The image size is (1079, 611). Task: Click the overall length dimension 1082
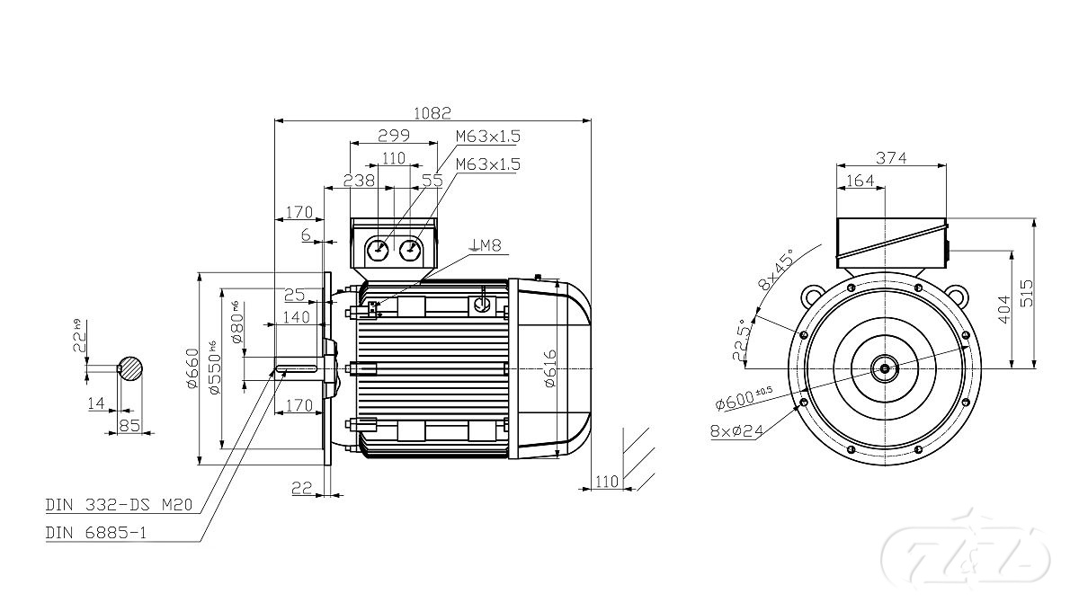[x=432, y=113]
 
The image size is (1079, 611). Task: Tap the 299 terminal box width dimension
[x=394, y=136]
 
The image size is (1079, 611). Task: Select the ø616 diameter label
[x=551, y=368]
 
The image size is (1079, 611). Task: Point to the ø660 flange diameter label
[x=192, y=368]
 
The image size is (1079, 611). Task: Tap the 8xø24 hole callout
[x=736, y=430]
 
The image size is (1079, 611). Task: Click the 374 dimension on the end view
[x=890, y=158]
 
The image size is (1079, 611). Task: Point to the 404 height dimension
[x=1005, y=309]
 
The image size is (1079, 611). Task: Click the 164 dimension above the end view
[x=861, y=181]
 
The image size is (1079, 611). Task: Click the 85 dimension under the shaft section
[x=129, y=425]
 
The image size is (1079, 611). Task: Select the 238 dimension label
[x=359, y=181]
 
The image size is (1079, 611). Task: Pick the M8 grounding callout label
[x=486, y=245]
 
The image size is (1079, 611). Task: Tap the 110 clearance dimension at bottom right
[x=608, y=482]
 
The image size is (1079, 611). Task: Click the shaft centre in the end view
[x=886, y=367]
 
